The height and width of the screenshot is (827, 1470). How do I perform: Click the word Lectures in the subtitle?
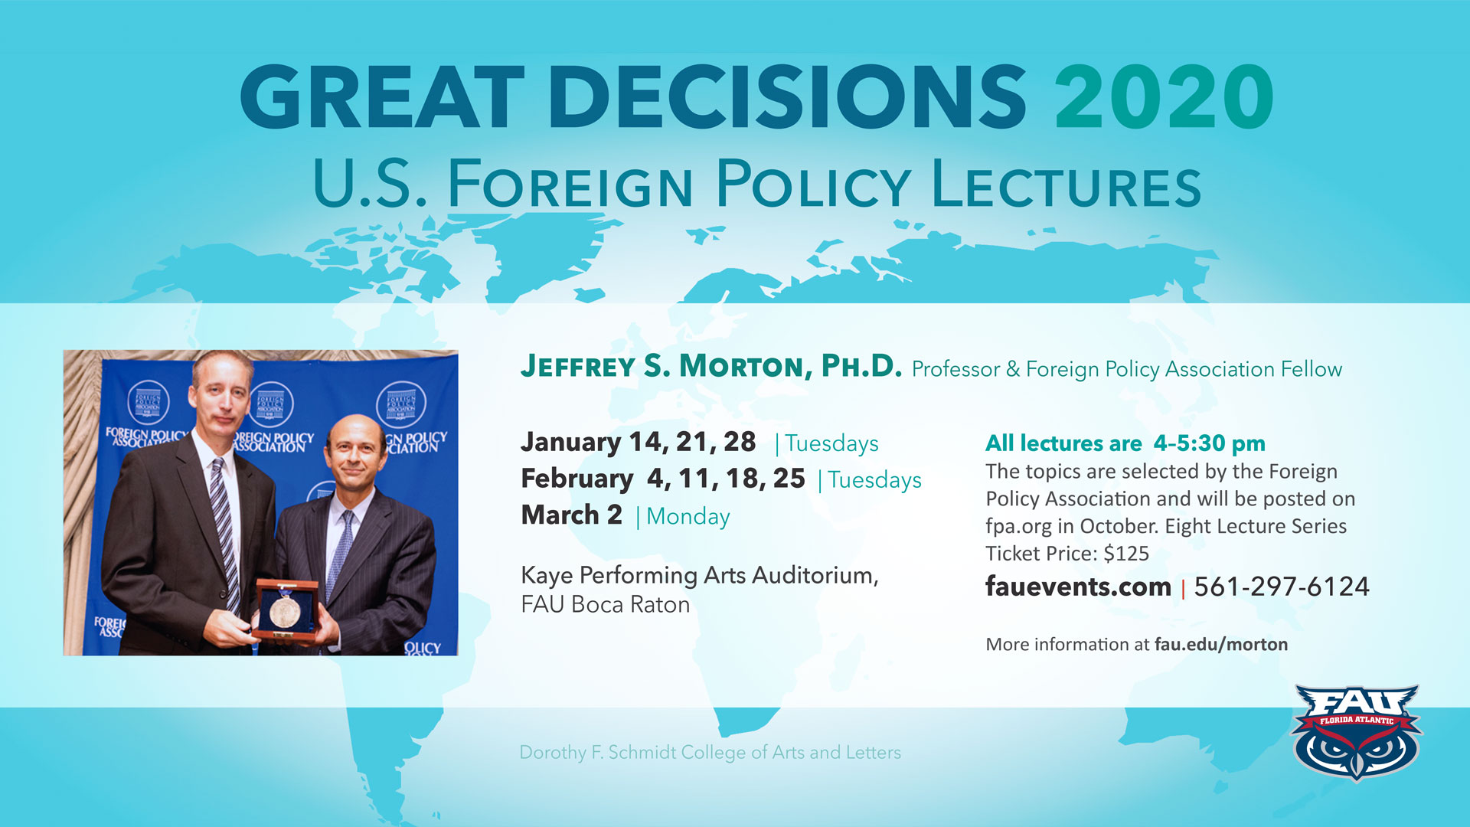1067,184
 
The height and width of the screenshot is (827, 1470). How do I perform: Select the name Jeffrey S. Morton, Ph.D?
711,367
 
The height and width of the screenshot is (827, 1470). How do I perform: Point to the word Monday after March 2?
688,517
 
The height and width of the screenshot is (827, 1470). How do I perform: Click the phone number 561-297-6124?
1282,587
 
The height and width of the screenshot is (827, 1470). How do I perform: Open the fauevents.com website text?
1078,587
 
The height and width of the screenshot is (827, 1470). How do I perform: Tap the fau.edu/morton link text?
1221,645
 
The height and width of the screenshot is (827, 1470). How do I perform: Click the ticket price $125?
1126,553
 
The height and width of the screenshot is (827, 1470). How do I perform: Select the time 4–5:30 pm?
1210,443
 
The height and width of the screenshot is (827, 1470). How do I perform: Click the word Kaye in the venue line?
547,575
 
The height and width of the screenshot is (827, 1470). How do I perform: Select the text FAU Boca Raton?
605,605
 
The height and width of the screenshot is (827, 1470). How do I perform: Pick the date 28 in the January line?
740,442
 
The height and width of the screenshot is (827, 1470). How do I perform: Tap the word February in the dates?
577,479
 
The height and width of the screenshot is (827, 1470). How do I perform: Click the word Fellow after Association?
1312,369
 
